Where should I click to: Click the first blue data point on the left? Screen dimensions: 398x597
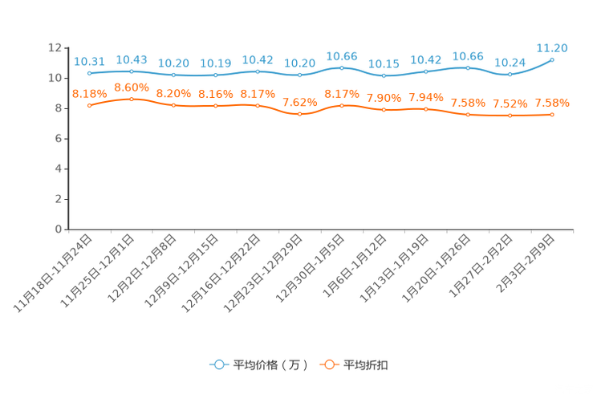(x=89, y=73)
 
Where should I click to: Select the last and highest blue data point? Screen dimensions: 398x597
(x=552, y=59)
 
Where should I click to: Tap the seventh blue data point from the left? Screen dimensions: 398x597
(x=342, y=67)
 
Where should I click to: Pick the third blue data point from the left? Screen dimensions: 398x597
(x=173, y=75)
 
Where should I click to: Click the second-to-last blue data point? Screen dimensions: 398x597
(x=510, y=75)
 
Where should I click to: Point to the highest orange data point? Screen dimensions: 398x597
(x=132, y=99)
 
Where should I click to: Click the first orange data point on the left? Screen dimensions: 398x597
(x=89, y=105)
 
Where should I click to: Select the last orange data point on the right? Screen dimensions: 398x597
(x=552, y=115)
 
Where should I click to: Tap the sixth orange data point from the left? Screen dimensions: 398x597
(x=300, y=114)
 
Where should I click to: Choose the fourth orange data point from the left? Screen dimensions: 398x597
(x=215, y=106)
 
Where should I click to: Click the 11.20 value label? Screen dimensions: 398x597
(x=552, y=48)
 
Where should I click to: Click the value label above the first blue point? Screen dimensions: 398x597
(x=89, y=61)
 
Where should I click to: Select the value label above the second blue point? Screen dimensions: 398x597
(x=132, y=59)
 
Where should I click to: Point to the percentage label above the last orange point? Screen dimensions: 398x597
(x=552, y=104)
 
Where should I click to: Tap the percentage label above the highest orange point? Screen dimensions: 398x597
(x=132, y=87)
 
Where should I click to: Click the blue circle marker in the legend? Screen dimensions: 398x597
(x=217, y=364)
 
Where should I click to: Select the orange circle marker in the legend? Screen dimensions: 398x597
(x=328, y=364)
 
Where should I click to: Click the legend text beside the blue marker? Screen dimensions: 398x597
(x=270, y=365)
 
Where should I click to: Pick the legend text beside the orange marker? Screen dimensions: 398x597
(x=366, y=365)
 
